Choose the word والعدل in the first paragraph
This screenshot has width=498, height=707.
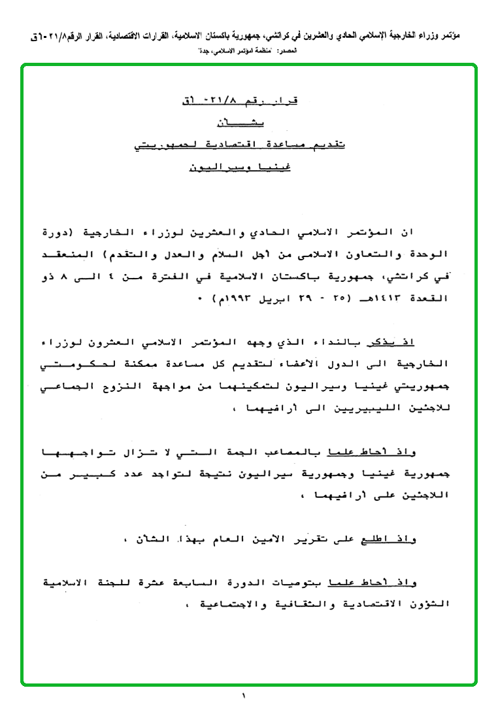208,253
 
